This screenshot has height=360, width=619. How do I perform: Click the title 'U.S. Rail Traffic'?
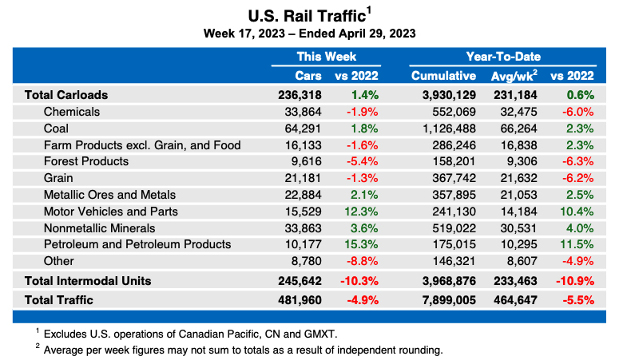pyautogui.click(x=306, y=16)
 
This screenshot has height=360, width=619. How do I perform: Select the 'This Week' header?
pyautogui.click(x=326, y=57)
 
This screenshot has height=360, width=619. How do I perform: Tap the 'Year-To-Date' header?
pyautogui.click(x=503, y=57)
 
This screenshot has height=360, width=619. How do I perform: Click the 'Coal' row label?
pyautogui.click(x=57, y=128)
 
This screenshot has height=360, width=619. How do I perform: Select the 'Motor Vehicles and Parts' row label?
pyautogui.click(x=110, y=212)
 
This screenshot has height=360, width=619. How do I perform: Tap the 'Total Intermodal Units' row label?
pyautogui.click(x=88, y=280)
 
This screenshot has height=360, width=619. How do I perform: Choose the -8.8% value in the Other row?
pyautogui.click(x=361, y=261)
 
